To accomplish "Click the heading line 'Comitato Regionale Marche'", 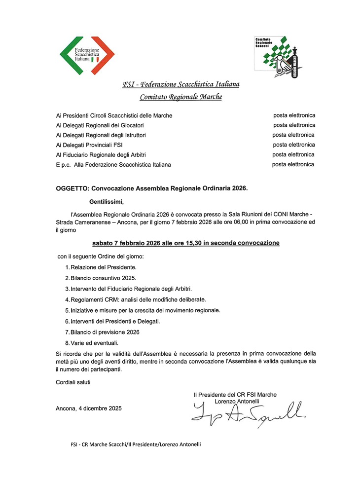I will click(x=180, y=97).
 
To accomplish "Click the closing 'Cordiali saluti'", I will click(x=73, y=382).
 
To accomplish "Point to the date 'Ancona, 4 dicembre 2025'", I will click(x=89, y=408).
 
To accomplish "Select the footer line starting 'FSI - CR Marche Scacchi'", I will click(x=136, y=444).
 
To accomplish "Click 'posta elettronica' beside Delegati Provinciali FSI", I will click(x=294, y=145).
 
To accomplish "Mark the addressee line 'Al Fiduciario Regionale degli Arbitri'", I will click(x=101, y=155).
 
